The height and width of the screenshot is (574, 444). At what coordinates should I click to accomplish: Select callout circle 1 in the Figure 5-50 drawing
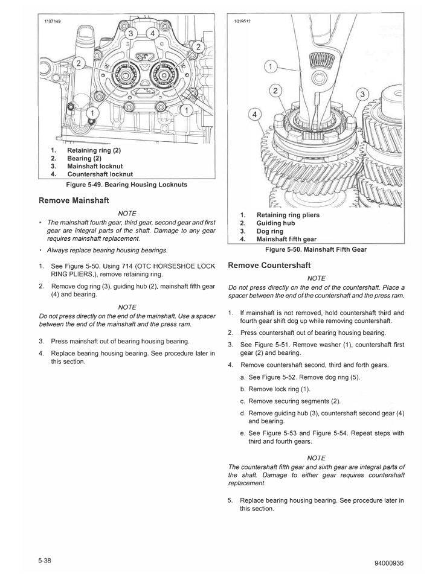point(272,66)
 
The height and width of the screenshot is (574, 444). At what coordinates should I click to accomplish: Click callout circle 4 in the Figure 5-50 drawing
point(255,115)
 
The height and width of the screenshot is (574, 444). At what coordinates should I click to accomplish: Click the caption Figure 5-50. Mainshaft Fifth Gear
point(316,249)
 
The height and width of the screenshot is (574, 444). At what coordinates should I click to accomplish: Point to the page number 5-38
point(47,559)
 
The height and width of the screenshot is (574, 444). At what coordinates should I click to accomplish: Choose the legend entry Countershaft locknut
point(99,174)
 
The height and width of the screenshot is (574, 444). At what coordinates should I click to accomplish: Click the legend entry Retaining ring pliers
point(288,215)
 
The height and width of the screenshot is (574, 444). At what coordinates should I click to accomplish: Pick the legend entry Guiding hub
point(275,223)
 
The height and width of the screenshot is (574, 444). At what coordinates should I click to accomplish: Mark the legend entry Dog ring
point(269,231)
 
